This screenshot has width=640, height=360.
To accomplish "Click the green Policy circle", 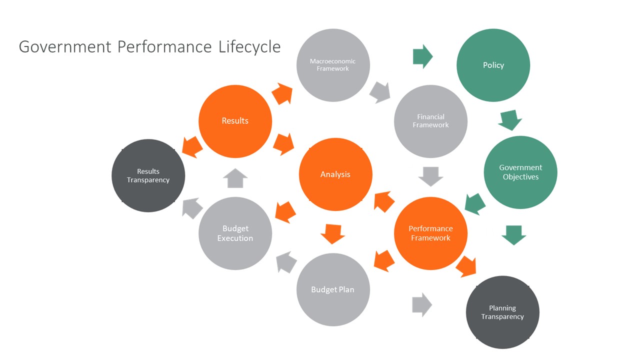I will click(493, 65).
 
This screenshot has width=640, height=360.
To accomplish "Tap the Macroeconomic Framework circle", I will click(333, 65).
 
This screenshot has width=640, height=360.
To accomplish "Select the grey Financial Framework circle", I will click(430, 121).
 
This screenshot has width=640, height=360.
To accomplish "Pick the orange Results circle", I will click(235, 121).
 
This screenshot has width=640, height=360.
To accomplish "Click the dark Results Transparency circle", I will click(148, 175).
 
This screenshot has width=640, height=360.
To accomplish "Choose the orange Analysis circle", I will click(335, 174).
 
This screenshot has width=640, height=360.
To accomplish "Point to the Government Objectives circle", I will click(520, 172).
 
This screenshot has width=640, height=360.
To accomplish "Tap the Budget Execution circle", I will click(235, 233).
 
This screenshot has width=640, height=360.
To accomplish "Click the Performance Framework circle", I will click(430, 233).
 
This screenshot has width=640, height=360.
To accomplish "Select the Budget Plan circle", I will click(333, 289).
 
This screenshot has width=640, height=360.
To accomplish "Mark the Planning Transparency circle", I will click(502, 312).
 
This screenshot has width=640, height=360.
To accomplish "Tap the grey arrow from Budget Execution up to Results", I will click(235, 178).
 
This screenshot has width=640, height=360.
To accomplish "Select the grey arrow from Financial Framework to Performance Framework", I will click(430, 176).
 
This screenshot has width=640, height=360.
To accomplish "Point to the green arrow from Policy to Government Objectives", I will click(510, 120).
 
